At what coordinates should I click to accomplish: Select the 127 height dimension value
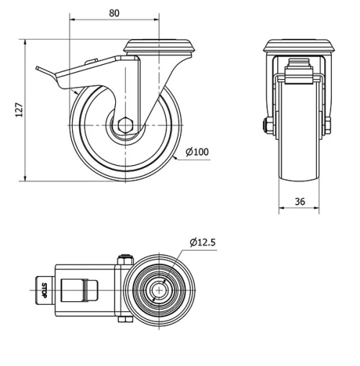[20, 109]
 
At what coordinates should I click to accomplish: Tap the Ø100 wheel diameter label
[197, 152]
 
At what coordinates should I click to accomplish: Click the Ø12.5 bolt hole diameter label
[204, 242]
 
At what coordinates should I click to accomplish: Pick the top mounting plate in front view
[300, 48]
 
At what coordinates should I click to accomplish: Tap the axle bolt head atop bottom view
[124, 257]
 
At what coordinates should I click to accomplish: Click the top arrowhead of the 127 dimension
[26, 41]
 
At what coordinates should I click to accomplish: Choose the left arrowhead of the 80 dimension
[72, 21]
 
